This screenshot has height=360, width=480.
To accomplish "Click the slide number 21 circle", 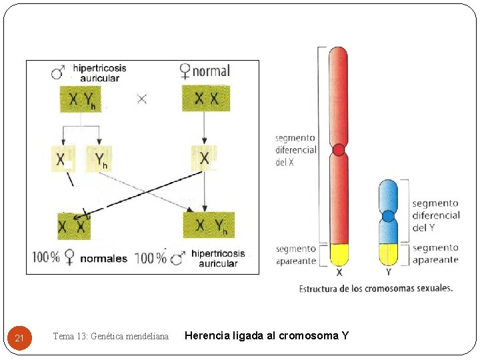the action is point(19,339).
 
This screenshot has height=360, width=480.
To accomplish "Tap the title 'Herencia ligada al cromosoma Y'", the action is point(266,335).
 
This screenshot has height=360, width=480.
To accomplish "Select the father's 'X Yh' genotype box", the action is point(82,99).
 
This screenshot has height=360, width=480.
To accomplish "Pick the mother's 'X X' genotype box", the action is point(206,98).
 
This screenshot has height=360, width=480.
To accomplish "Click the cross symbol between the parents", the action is point(142,99).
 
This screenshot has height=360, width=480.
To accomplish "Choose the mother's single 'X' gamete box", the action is point(204,158).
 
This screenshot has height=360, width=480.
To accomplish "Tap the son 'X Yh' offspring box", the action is point(209,225).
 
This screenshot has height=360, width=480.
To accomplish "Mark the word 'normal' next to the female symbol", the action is point(211,71).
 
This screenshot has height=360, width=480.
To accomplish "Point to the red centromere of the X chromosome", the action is point(339,149).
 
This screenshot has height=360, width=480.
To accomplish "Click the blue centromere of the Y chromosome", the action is point(387,216).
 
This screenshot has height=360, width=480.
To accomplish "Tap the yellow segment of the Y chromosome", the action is point(387,254).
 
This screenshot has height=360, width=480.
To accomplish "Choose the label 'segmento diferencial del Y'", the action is point(435,215).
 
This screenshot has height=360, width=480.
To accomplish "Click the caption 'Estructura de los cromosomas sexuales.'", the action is point(376,289).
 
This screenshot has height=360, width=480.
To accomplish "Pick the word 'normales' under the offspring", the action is point(103,258).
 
